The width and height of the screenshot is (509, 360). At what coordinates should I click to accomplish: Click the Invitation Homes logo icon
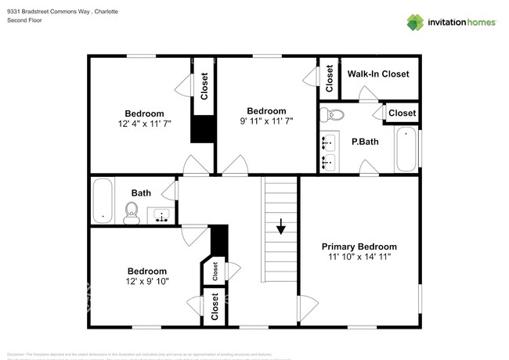[x=414, y=22]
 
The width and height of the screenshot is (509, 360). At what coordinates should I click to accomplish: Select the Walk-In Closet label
[x=378, y=74]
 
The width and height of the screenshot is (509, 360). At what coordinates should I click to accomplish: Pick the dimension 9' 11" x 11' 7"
[x=266, y=121]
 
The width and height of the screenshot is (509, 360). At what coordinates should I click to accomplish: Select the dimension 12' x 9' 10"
[x=147, y=281]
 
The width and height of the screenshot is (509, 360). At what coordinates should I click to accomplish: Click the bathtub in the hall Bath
[x=103, y=201]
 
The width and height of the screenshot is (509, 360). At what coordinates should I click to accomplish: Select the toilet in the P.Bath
[x=334, y=115]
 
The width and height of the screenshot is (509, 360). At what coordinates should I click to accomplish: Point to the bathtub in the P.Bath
[x=406, y=149]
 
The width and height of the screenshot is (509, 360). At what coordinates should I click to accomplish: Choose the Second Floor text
[x=24, y=20]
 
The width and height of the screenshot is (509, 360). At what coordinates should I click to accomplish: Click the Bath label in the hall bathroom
[x=141, y=193]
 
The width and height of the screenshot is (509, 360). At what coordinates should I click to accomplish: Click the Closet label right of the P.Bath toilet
[x=402, y=113]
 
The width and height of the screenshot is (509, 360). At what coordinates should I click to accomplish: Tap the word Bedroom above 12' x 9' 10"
[x=147, y=271]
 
